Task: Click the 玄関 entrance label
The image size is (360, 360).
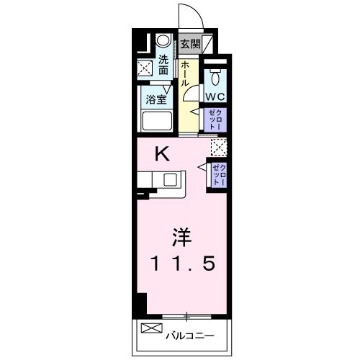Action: pos(191,43)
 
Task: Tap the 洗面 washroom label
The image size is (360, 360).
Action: pos(163,65)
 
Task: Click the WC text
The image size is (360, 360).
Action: pos(215,96)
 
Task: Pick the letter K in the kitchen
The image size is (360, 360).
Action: pos(163,153)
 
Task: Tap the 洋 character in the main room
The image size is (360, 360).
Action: pos(182,237)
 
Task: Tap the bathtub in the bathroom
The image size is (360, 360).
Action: pos(158,122)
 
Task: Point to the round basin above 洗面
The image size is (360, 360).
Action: pos(164,41)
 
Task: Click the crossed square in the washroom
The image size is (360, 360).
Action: pos(145,68)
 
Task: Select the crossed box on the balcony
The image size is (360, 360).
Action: pos(149,330)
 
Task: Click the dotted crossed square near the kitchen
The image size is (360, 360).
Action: pos(217,147)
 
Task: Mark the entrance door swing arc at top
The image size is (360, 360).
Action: pos(189,16)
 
